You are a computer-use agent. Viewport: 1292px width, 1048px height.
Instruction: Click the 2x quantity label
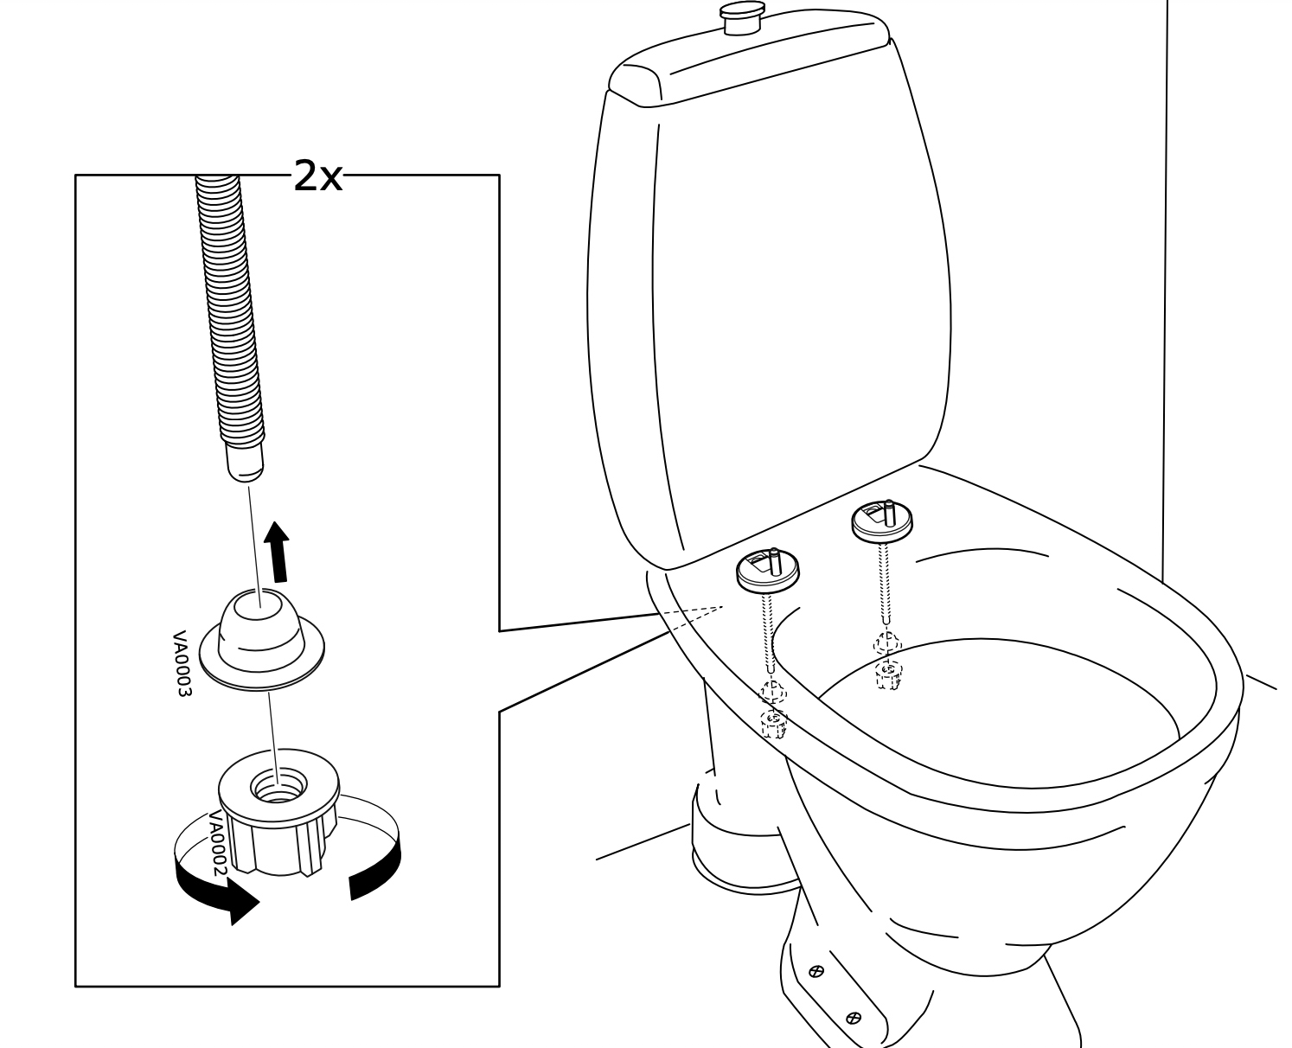(317, 176)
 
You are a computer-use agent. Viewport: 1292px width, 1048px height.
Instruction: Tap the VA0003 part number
(181, 664)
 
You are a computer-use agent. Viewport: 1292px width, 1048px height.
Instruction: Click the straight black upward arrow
(278, 553)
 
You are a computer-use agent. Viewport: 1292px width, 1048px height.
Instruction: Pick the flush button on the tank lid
(742, 17)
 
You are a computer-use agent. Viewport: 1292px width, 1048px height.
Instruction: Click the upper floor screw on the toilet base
(815, 972)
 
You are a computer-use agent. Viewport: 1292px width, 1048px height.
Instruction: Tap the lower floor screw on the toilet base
(854, 1017)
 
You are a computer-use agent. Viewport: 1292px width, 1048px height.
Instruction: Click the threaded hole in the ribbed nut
(278, 787)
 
